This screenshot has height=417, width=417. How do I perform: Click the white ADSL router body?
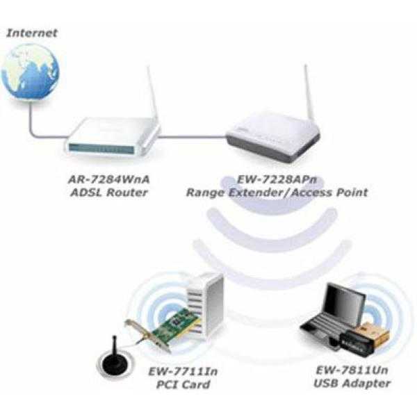[111, 139]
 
